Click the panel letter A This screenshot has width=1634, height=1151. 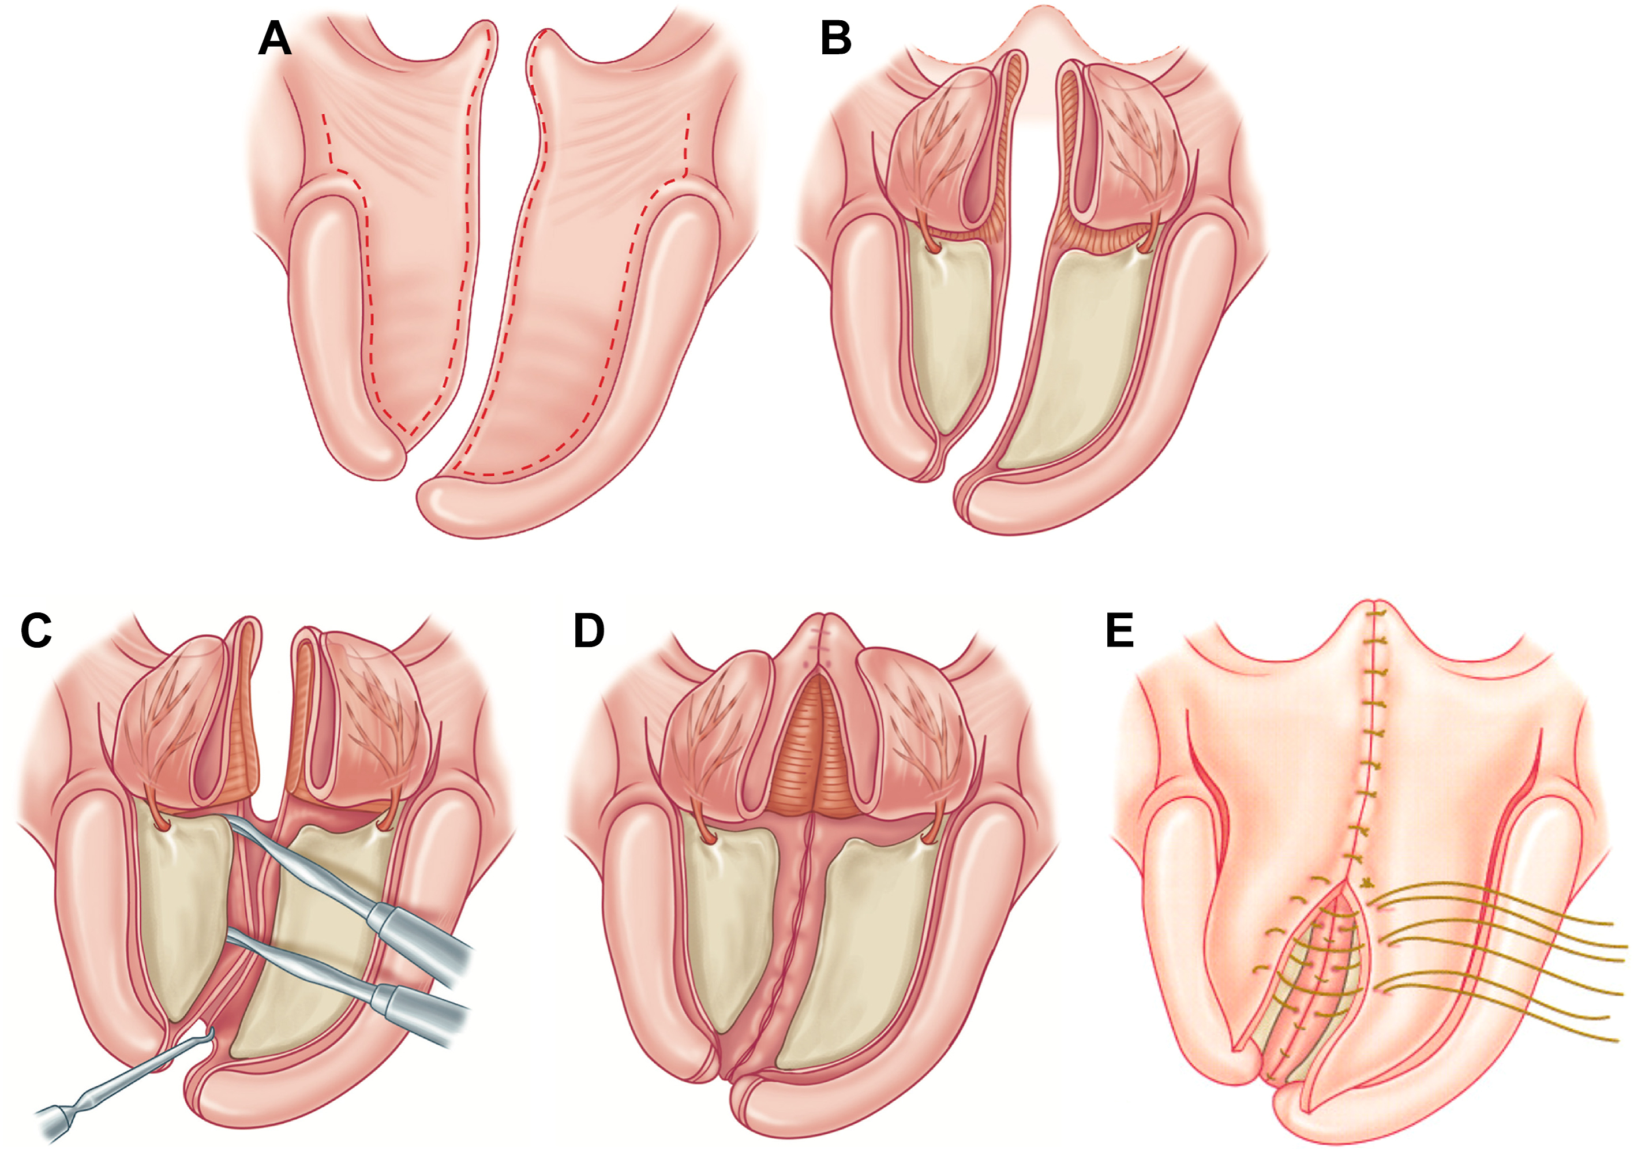[275, 39]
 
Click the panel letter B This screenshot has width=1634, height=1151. [835, 39]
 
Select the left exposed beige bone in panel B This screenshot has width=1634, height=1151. [950, 335]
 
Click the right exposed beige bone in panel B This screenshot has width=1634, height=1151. [1082, 356]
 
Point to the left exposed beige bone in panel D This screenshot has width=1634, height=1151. [729, 925]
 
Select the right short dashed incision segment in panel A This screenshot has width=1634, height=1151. [687, 143]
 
